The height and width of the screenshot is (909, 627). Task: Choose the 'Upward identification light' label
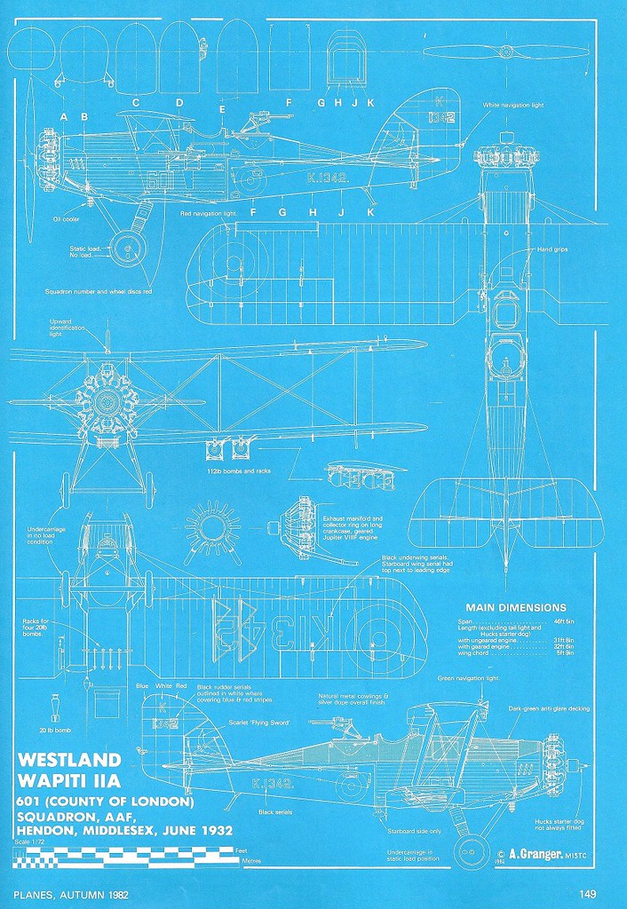pos(67,329)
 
